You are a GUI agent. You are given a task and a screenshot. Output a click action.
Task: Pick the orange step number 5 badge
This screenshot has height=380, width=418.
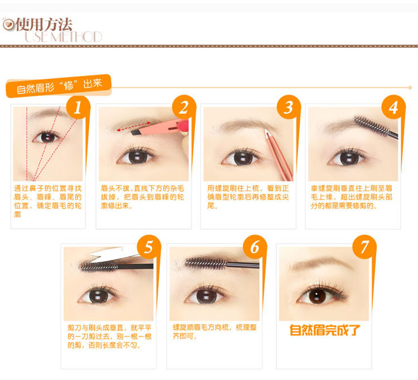coord(149,247)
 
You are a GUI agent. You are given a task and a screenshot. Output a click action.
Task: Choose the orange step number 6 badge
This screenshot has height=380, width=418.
coord(255,247)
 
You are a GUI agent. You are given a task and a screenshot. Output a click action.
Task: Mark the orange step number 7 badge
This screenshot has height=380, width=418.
coord(364,247)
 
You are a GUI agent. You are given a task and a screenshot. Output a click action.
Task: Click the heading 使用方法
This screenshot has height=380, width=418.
coord(44,25)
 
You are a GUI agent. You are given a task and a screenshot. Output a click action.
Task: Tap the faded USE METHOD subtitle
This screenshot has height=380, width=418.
coord(64,37)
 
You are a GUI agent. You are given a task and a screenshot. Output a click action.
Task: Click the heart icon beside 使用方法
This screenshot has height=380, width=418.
coord(8,25)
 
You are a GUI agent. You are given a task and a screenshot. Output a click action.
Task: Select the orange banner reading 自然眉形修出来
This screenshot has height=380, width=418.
coord(58,86)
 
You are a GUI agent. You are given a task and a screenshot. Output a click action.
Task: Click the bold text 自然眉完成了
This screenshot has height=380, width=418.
coord(324,330)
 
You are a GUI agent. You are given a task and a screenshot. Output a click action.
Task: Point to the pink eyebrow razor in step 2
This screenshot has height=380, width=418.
coord(160,128)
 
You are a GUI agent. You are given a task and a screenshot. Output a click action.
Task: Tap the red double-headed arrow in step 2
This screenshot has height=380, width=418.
coord(134,126)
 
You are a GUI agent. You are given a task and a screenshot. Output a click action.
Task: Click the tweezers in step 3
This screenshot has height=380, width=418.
coord(278,154)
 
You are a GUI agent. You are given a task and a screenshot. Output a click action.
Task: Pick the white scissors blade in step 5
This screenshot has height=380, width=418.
coord(115,254)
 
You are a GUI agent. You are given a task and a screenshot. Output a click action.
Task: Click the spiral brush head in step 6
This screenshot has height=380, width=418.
coord(206,264)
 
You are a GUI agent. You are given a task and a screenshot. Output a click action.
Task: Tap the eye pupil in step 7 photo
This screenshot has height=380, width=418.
coord(317,295)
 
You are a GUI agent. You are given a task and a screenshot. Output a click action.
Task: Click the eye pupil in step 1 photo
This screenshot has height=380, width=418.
coord(47,138)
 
